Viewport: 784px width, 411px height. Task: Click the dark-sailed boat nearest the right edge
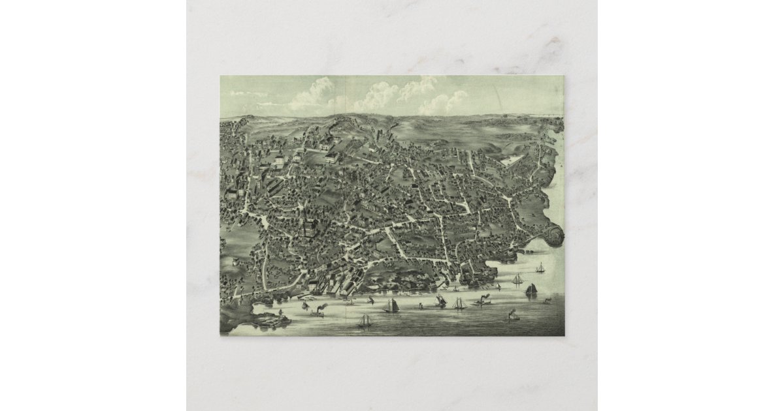pos(531,288)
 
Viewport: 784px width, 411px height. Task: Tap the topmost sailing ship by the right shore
pos(540,267)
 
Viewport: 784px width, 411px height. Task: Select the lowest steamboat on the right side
pos(511,315)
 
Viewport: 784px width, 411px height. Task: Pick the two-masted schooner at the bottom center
pos(364,320)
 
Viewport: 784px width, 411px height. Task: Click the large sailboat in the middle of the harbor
pos(392,305)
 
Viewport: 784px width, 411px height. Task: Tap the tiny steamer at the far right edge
pos(547,301)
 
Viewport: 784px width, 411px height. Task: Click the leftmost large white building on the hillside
pos(279,159)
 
